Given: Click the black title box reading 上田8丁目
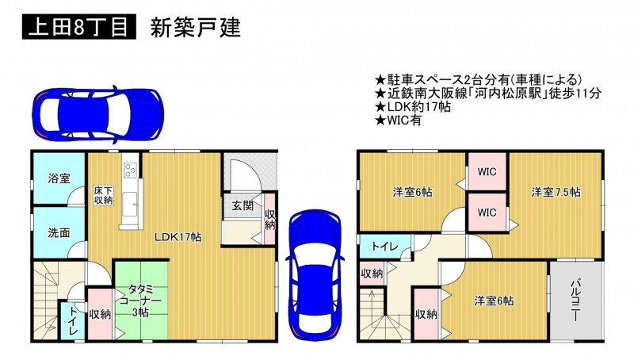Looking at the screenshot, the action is coord(78,27).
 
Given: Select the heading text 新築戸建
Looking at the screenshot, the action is coord(196,28).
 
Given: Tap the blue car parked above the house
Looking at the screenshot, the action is coord(97,114).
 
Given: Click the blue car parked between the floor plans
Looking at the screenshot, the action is coord(315,273).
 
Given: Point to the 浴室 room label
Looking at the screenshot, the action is coord(59,178).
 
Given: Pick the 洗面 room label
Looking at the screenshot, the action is coord(59,232).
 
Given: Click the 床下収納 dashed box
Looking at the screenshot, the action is coord(104,195).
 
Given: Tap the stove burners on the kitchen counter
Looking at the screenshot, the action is coord(130,170).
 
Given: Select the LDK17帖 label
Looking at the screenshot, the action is coord(178,237).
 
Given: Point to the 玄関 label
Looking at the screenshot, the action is coord(243,205).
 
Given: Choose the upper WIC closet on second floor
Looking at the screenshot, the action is coord(487,171).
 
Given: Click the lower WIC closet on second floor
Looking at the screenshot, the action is coord(487,213).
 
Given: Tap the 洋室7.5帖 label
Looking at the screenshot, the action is coord(556,192).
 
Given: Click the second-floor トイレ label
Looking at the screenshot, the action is coord(385,247).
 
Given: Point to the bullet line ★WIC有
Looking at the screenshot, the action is coord(399,121).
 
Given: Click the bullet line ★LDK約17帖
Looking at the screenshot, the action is coord(413,107).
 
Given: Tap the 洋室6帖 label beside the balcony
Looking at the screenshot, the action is coord(494,301).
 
